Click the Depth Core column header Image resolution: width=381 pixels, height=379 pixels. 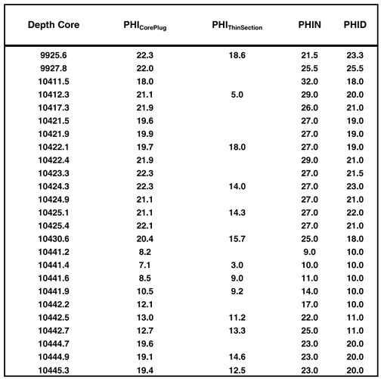tap(54, 25)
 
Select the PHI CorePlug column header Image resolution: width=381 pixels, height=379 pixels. tap(145, 26)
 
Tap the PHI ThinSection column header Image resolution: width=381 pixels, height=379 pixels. tap(237, 26)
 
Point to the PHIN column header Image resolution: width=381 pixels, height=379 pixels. tap(310, 25)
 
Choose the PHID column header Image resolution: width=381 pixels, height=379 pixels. tap(355, 25)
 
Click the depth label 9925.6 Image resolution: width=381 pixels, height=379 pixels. tap(54, 55)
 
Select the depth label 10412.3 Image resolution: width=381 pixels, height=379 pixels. tap(54, 95)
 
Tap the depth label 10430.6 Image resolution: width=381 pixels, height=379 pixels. tap(54, 239)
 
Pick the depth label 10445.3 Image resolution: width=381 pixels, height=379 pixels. tap(54, 370)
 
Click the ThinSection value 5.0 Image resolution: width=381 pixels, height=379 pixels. tap(237, 95)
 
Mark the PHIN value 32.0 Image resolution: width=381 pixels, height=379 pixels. tap(310, 82)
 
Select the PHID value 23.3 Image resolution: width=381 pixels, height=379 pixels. tap(355, 55)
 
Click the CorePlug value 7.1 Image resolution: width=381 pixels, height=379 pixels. tap(145, 265)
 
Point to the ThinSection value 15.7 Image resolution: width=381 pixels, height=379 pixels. tap(237, 239)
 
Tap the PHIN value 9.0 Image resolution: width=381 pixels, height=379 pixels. tap(310, 252)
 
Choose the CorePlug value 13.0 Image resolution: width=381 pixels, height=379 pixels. tap(145, 318)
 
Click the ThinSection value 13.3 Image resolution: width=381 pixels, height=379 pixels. tap(237, 331)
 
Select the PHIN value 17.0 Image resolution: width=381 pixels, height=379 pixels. tap(310, 304)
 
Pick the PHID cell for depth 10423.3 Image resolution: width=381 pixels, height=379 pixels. tap(355, 173)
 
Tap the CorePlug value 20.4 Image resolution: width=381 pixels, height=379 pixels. tap(145, 239)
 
